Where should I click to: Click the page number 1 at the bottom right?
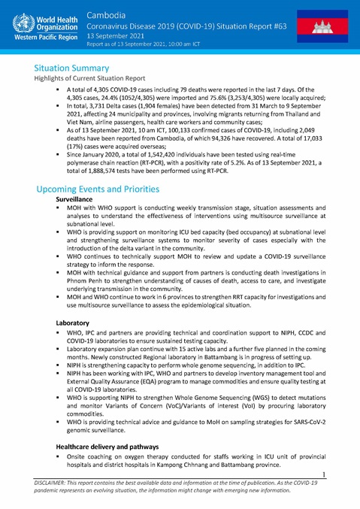(343, 474)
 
